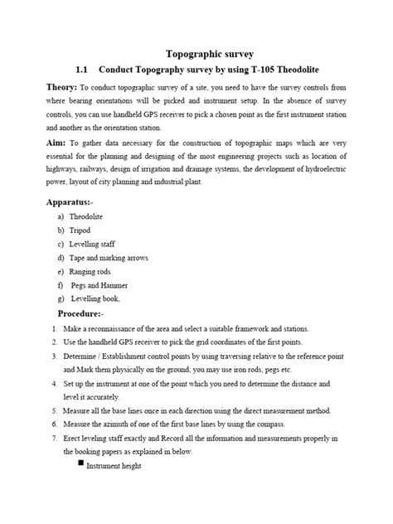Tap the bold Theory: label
point(61,88)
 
